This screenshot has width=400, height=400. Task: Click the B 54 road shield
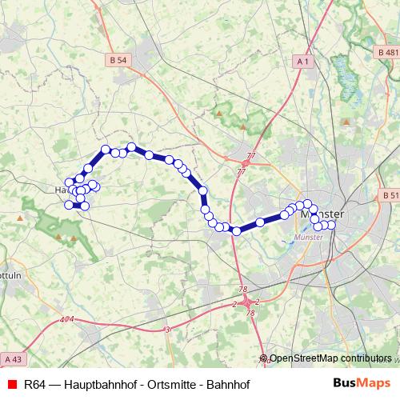(x=118, y=60)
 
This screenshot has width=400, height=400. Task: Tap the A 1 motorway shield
(x=303, y=61)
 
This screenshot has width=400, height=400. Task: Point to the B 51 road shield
(x=390, y=195)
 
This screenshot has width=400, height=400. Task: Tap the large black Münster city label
(x=322, y=214)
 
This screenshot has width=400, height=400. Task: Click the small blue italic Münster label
(x=306, y=238)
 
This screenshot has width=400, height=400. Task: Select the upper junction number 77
(x=251, y=155)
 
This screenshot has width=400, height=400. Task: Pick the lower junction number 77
(x=242, y=171)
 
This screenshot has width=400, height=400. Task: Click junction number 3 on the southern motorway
(x=167, y=330)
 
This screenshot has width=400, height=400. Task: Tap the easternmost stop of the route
(x=331, y=225)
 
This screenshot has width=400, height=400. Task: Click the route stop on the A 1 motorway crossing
(x=236, y=231)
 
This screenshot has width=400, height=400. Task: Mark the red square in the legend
(x=11, y=385)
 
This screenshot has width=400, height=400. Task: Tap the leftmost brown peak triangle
(x=19, y=217)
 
